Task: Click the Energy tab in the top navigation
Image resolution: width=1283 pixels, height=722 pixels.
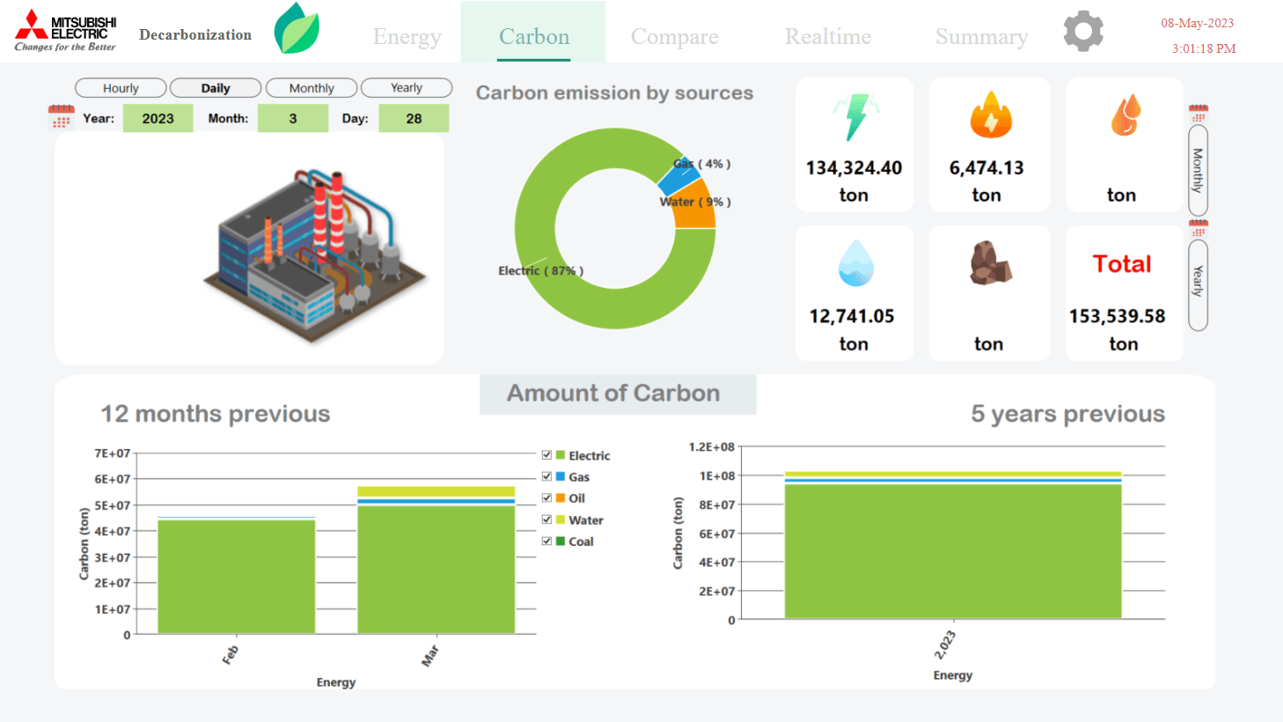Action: point(407,36)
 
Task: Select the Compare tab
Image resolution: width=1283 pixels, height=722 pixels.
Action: point(674,36)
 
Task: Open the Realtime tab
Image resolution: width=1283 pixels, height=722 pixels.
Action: point(828,36)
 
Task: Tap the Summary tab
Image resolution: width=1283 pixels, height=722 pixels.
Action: point(981,36)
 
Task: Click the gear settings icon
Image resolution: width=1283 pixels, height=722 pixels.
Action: point(1082,32)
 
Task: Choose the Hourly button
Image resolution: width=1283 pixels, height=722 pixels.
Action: point(121,88)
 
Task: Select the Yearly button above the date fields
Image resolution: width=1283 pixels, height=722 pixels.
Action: point(407,88)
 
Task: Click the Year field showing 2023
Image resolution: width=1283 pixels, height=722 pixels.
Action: point(158,118)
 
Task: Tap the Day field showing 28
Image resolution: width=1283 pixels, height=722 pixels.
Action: point(414,118)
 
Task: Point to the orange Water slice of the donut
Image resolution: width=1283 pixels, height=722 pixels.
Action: point(695,207)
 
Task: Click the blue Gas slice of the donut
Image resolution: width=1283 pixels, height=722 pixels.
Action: point(678,178)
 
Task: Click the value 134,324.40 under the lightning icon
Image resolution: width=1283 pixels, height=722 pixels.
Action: point(854,167)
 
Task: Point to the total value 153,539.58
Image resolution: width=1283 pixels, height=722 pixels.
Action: point(1117,316)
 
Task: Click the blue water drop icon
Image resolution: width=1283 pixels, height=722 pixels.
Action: point(855,263)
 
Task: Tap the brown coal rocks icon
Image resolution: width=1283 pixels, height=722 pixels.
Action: point(990,263)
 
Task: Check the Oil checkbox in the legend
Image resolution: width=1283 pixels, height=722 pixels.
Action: point(546,498)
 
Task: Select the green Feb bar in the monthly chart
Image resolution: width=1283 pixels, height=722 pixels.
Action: point(236,576)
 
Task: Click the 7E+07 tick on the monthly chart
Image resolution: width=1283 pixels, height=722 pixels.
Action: point(113,453)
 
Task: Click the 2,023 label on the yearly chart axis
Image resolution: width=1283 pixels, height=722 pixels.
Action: point(945,645)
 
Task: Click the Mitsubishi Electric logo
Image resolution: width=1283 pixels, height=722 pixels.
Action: point(66,31)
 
